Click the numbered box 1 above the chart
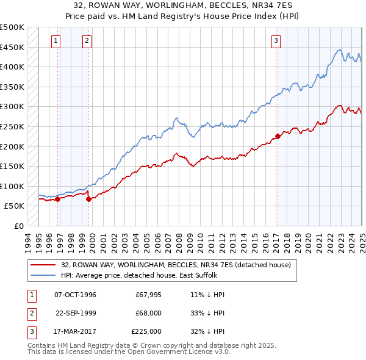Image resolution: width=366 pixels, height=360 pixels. [56, 41]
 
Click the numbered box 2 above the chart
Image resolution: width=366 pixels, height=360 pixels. [87, 41]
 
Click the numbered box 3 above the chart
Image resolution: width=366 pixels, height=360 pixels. [276, 41]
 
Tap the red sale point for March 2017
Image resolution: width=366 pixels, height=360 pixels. [278, 136]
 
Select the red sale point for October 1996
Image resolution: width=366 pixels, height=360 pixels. [57, 198]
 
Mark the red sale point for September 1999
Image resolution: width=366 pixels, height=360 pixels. [88, 198]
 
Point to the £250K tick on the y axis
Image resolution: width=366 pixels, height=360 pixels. [13, 126]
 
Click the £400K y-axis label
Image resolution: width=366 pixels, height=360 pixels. [13, 67]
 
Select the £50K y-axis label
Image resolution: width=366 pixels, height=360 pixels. [15, 206]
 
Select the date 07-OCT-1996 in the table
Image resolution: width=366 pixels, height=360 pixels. [76, 295]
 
